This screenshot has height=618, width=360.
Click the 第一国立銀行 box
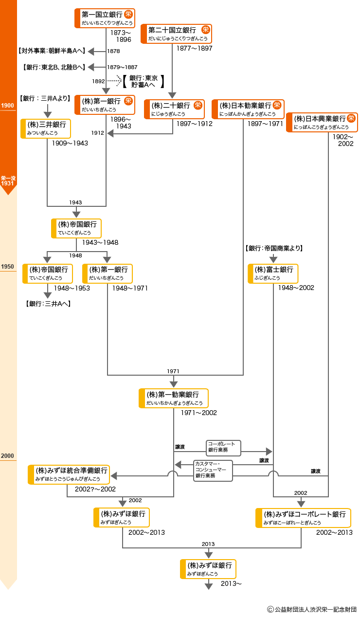point(105,18)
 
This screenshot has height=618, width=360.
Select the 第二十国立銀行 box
point(176,34)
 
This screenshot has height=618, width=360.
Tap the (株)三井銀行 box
point(46,128)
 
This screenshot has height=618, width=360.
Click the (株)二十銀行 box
point(174,109)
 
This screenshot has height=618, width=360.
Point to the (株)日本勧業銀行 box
point(248,109)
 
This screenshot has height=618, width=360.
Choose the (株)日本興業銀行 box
point(322,122)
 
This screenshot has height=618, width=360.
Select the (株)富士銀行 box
point(273,273)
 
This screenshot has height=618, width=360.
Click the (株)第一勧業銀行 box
point(174,398)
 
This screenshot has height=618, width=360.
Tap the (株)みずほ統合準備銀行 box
point(68,474)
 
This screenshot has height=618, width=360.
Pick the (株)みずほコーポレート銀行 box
point(303,518)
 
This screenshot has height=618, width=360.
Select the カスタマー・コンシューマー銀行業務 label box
point(213,471)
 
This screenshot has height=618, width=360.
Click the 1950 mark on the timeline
point(8,267)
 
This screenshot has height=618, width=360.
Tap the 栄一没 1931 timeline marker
point(8,181)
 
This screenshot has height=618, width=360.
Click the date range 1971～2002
point(198,413)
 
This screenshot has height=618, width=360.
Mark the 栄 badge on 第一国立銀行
point(128,14)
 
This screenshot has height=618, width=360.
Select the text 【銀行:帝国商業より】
point(274,248)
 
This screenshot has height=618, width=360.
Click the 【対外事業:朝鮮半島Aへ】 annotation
point(52,51)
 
